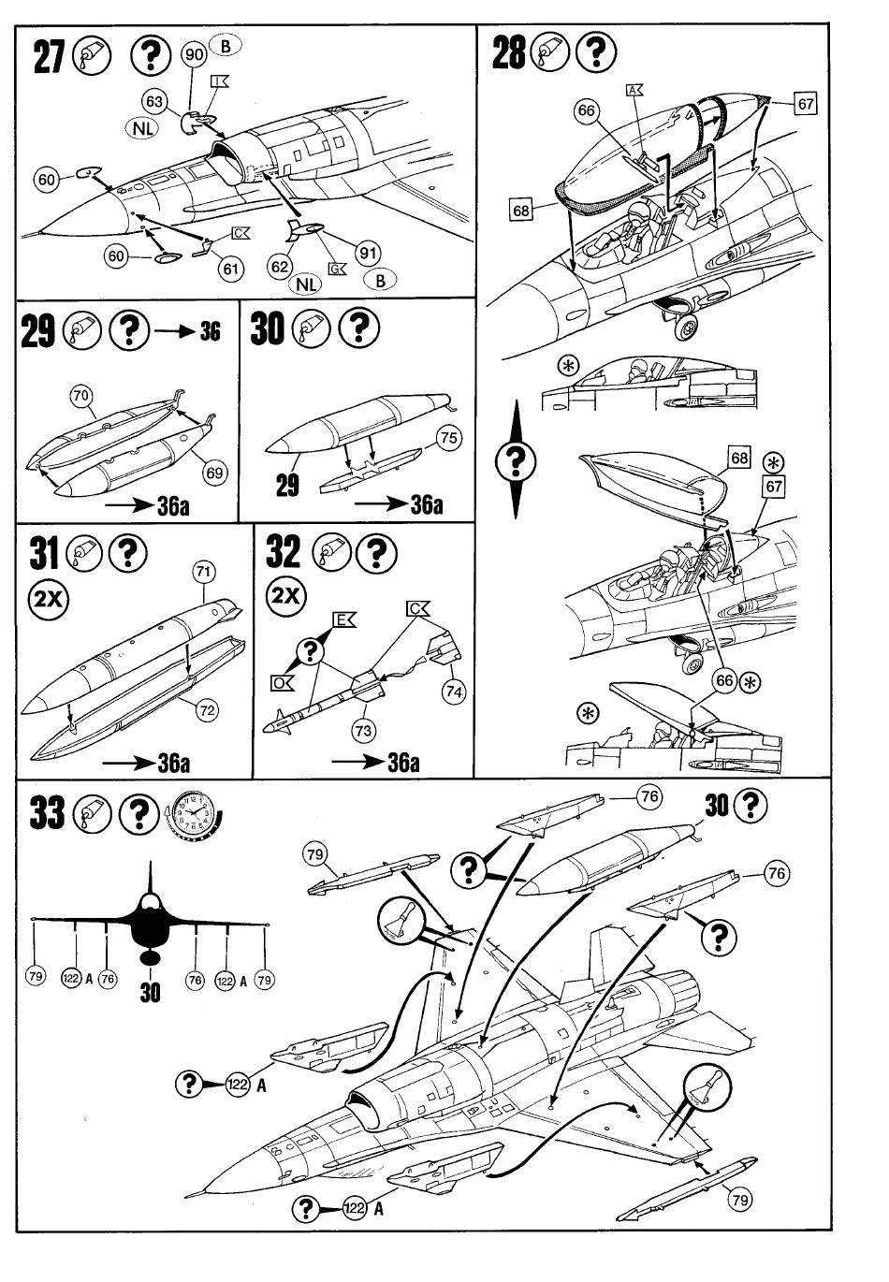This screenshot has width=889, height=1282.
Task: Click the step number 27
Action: coord(50,56)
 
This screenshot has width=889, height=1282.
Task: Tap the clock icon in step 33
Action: coord(193,813)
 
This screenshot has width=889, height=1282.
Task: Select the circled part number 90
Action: coord(194,54)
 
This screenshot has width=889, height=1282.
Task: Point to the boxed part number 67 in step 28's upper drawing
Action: coord(805,103)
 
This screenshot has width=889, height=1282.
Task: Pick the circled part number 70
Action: coord(82,396)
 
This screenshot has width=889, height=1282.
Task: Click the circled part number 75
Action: coord(449,438)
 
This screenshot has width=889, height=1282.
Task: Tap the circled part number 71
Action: coord(204,572)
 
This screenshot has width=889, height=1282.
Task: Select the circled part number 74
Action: coord(454,692)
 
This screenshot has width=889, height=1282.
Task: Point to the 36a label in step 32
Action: coord(402,762)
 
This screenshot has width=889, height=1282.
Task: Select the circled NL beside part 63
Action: coord(141,128)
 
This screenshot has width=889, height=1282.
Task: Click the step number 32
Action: coord(284,552)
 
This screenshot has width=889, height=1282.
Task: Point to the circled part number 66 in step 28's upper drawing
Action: coord(587,111)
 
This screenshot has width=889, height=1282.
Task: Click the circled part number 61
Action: coord(230,270)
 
